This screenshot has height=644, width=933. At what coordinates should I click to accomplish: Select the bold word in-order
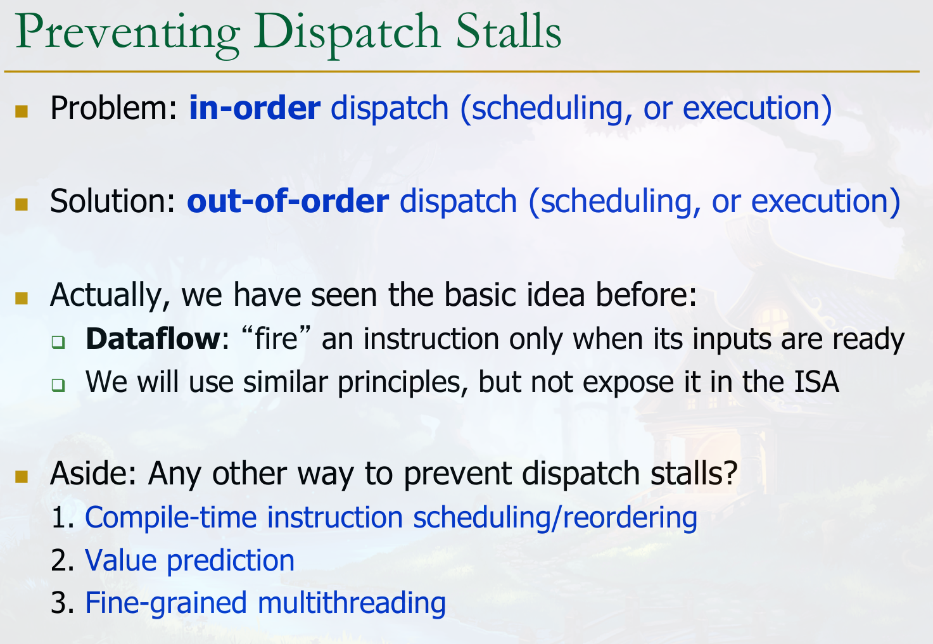[x=255, y=108]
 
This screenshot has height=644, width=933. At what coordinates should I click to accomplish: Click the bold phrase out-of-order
[x=288, y=201]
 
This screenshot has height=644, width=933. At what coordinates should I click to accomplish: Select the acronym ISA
[x=816, y=381]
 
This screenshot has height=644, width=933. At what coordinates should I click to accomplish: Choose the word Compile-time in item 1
[x=171, y=517]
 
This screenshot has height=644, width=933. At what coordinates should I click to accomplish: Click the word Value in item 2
[x=121, y=560]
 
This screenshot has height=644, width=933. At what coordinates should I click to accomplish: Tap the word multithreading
[x=352, y=603]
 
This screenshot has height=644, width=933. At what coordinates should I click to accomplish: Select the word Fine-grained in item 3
[x=166, y=603]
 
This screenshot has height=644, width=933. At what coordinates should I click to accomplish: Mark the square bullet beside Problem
[x=22, y=111]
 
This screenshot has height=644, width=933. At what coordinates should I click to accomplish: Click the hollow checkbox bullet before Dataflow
[x=58, y=342]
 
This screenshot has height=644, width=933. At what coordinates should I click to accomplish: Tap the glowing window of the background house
[x=773, y=319]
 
